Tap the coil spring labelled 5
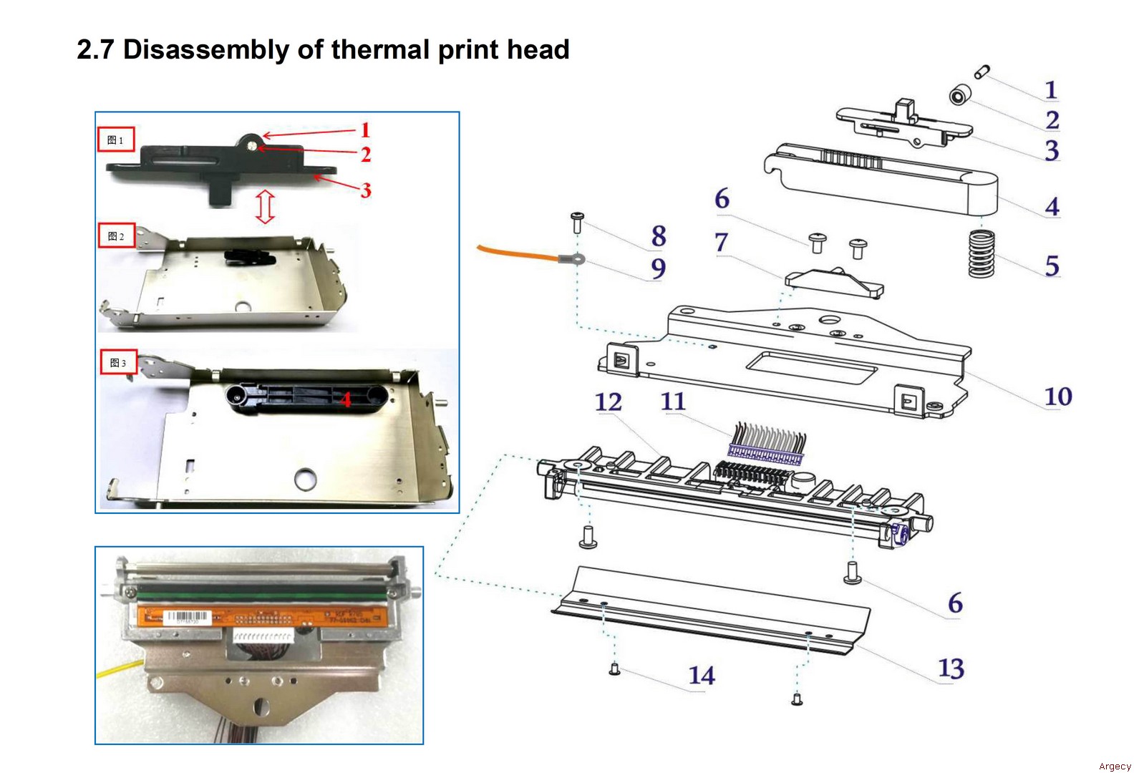coord(982,253)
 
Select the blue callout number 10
coord(1057,397)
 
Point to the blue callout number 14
coord(702,676)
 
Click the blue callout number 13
coord(951,669)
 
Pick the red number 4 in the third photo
coord(345,399)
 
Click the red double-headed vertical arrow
coord(266,207)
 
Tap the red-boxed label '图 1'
coord(116,140)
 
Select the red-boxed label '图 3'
coord(118,363)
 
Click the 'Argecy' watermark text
coord(1115,766)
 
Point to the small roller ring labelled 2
coord(959,95)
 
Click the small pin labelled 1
coord(982,71)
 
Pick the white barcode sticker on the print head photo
coord(188,617)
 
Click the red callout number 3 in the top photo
coord(366,190)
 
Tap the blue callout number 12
coord(608,402)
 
